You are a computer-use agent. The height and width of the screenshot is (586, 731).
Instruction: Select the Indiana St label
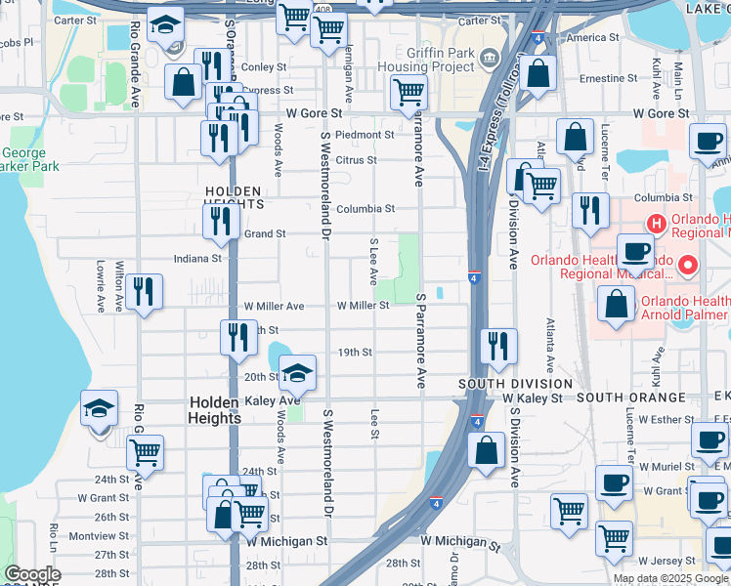[x=198, y=259]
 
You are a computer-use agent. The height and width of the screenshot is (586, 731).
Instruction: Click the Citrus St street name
[x=356, y=160]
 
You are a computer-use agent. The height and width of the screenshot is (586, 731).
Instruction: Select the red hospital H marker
[x=657, y=224]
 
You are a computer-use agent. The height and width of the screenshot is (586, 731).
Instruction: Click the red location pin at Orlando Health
[x=688, y=265]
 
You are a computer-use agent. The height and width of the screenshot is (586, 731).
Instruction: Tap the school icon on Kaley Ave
[x=298, y=373]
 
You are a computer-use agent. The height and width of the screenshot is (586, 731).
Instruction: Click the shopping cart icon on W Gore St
[x=408, y=93]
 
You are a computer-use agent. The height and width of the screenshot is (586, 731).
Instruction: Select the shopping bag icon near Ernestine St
[x=537, y=73]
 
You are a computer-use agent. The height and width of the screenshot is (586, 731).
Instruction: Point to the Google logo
[x=32, y=573]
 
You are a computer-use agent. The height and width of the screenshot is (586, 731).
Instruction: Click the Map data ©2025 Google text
[x=670, y=578]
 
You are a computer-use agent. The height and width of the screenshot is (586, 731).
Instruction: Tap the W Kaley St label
[x=533, y=398]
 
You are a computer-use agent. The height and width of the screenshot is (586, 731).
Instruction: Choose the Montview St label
[x=99, y=536]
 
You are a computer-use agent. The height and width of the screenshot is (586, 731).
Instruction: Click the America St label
[x=585, y=38]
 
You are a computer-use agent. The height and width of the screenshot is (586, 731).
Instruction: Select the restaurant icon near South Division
[x=499, y=347]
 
